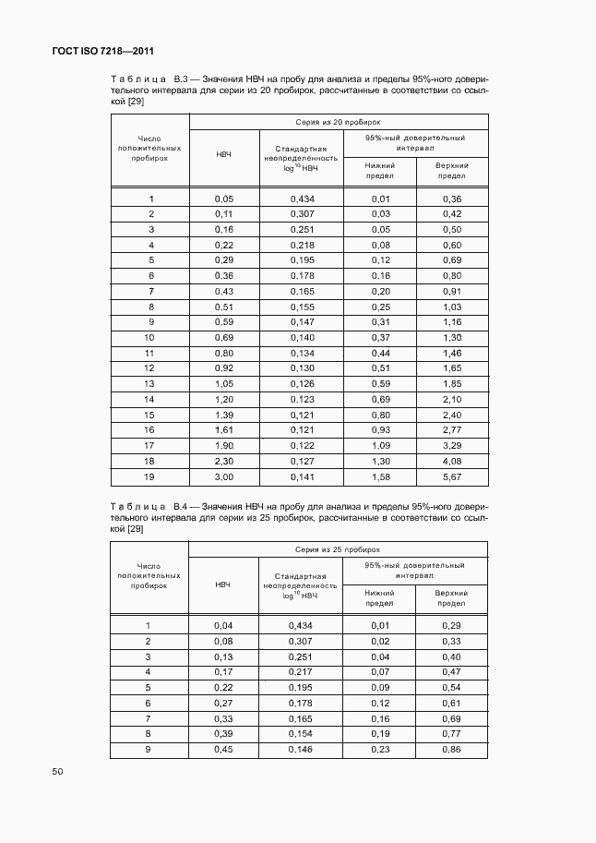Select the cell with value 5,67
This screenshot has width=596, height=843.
click(x=451, y=477)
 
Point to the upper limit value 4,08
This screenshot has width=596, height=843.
click(x=451, y=460)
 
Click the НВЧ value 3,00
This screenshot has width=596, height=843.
click(x=223, y=477)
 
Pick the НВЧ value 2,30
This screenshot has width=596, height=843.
click(x=223, y=460)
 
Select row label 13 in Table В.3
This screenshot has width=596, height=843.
click(x=149, y=382)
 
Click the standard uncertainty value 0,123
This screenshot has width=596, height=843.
click(x=302, y=399)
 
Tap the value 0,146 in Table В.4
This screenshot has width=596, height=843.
click(x=302, y=749)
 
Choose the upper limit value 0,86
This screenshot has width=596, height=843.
click(x=451, y=749)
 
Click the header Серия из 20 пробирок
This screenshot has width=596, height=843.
click(x=338, y=122)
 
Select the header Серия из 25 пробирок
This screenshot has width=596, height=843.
click(x=338, y=549)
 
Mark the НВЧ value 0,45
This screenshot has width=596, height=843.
click(x=223, y=749)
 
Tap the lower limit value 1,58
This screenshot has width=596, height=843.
click(x=379, y=477)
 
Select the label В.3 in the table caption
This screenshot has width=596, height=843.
click(x=181, y=79)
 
